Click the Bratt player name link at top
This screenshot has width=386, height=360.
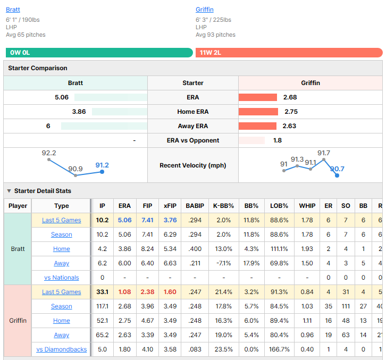tap(13, 10)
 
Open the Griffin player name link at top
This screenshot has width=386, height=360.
tap(204, 10)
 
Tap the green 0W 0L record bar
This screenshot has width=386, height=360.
tap(99, 53)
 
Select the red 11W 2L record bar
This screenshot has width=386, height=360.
tap(289, 53)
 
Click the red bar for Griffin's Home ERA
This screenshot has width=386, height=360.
tap(258, 112)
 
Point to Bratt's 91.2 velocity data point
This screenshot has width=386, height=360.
tap(102, 172)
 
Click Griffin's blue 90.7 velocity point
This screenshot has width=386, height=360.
tap(337, 175)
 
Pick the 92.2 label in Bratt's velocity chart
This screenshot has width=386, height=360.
tap(49, 153)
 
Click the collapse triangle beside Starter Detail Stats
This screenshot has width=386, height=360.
tap(9, 191)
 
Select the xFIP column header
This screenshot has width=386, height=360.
tap(170, 206)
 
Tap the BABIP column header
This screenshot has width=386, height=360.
tap(195, 206)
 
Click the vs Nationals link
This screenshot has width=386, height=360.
tap(62, 278)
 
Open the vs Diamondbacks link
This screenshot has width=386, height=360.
tap(62, 349)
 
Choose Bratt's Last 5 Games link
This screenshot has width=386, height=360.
tap(62, 220)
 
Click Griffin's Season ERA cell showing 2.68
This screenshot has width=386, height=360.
tap(124, 306)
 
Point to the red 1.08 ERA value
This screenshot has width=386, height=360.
tap(124, 292)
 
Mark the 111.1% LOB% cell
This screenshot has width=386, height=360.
tap(279, 249)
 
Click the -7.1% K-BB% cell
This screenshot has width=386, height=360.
tap(223, 263)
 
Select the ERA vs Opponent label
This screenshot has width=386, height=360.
tap(193, 140)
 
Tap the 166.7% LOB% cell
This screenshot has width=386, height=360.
tap(279, 349)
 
